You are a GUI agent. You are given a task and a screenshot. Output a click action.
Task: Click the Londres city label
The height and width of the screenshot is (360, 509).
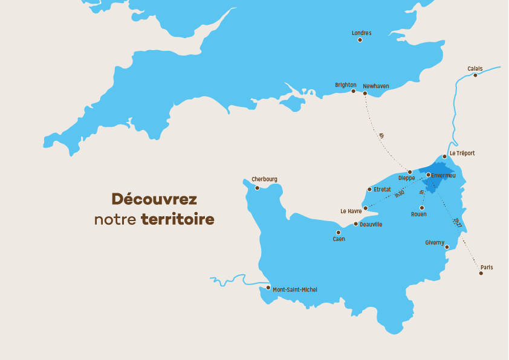(361, 33)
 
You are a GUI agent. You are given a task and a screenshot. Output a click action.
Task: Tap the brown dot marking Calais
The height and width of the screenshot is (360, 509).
(475, 75)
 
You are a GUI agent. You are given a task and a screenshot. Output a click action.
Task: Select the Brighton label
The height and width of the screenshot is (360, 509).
(346, 85)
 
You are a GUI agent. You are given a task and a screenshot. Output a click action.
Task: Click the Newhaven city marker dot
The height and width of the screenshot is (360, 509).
(365, 93)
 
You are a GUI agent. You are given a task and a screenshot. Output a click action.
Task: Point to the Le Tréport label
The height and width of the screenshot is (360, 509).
(462, 153)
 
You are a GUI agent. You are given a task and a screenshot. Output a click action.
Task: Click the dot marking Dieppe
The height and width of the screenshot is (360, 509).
(409, 172)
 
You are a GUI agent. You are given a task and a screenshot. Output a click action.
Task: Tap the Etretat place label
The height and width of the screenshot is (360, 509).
(383, 189)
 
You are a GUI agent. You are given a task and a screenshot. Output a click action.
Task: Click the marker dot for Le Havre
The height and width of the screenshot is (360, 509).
(365, 208)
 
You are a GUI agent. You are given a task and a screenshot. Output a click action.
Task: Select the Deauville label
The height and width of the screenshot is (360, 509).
(371, 225)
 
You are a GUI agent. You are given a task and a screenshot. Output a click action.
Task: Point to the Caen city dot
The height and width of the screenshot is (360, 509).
(339, 233)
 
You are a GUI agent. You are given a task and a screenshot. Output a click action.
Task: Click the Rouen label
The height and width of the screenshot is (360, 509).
(418, 214)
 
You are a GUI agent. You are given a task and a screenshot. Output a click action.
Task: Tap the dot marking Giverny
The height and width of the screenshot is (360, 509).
(447, 247)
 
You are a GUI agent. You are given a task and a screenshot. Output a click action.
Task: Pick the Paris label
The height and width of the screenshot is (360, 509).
(487, 267)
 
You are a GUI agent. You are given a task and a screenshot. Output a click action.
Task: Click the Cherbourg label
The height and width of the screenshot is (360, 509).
(265, 179)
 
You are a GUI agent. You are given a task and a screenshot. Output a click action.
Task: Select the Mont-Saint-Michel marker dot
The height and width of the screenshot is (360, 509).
(268, 288)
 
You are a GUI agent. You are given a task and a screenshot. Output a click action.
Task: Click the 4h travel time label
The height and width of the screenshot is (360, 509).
(381, 136)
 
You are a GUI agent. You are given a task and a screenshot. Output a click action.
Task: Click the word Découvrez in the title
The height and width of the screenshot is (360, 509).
(154, 199)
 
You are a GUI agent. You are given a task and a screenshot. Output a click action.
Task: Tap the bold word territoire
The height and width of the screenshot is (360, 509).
(178, 219)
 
